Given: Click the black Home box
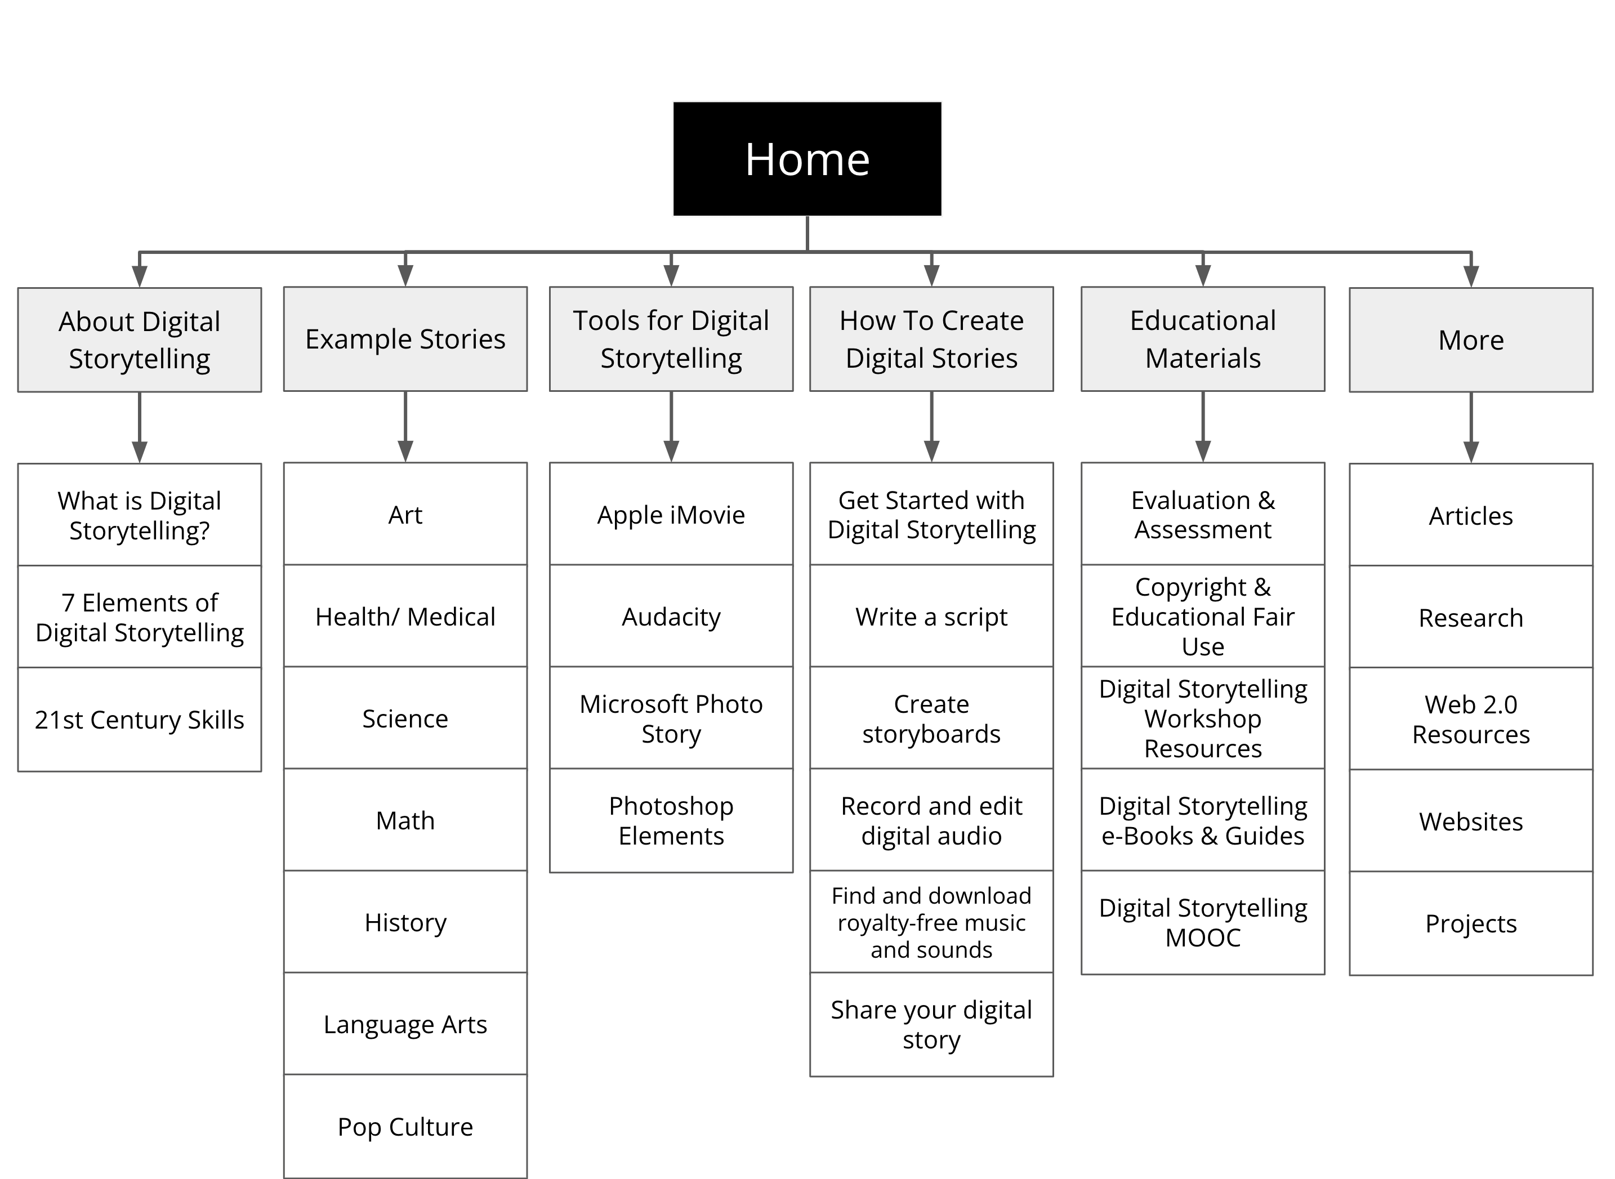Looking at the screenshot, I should click(807, 158).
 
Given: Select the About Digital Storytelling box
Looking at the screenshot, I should click(139, 340).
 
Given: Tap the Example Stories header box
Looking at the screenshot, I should click(405, 339).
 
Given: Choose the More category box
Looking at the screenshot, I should click(1470, 340).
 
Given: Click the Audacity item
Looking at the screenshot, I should click(671, 616).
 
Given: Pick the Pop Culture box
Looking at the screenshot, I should click(405, 1126).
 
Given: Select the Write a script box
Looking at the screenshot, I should click(931, 616).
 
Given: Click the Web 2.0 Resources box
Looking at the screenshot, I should click(1470, 718).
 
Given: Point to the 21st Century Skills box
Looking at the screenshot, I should click(139, 720).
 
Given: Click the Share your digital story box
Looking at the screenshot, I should click(931, 1024).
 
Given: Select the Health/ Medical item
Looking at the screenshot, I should click(405, 616).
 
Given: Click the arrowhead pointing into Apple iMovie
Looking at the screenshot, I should click(671, 451).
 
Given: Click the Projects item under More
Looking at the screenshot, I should click(1470, 923).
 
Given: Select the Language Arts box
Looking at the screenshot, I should click(405, 1024).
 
